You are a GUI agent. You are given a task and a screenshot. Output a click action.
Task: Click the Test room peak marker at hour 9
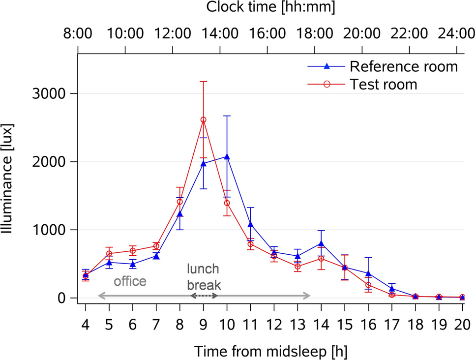pos(204,120)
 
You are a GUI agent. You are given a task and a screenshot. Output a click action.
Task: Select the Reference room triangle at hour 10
pos(227,156)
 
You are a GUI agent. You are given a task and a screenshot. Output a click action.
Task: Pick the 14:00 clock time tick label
pos(221,34)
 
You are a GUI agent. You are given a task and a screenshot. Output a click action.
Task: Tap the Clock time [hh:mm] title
pos(270,7)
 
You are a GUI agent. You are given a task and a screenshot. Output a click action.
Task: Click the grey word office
pos(130,282)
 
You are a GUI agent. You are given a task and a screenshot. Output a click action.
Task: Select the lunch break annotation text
pos(204,277)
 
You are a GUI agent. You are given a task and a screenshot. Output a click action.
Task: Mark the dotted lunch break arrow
pos(204,296)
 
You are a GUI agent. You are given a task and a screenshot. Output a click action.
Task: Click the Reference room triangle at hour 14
pos(321,243)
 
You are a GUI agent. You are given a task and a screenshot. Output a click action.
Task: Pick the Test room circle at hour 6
pos(133,251)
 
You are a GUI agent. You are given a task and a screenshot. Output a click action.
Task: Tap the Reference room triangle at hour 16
pos(368,273)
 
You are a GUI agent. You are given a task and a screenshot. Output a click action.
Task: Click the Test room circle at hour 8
pos(180,202)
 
